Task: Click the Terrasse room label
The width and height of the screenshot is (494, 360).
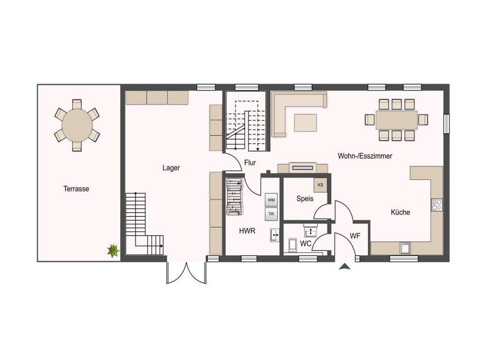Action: [76, 189]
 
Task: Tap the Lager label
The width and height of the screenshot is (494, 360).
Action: [171, 168]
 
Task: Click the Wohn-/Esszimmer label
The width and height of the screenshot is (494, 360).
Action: [365, 156]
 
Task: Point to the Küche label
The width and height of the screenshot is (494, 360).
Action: [400, 212]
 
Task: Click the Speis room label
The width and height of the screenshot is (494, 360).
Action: [305, 199]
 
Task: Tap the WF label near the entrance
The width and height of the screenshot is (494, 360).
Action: [354, 237]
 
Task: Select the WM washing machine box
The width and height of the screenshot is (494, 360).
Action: [271, 200]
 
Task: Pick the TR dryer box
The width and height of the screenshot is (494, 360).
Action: [271, 214]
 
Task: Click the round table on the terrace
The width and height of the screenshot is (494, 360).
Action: [77, 125]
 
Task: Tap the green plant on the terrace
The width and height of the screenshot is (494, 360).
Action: [113, 251]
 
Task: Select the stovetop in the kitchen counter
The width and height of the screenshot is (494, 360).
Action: [437, 205]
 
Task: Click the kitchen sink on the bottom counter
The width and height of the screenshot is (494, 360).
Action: [405, 248]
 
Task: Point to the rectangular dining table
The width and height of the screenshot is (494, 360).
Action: [397, 120]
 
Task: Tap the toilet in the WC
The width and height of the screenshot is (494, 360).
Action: [293, 244]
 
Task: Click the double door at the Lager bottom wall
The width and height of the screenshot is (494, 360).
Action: [187, 272]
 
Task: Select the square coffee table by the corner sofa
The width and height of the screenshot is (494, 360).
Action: [306, 122]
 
